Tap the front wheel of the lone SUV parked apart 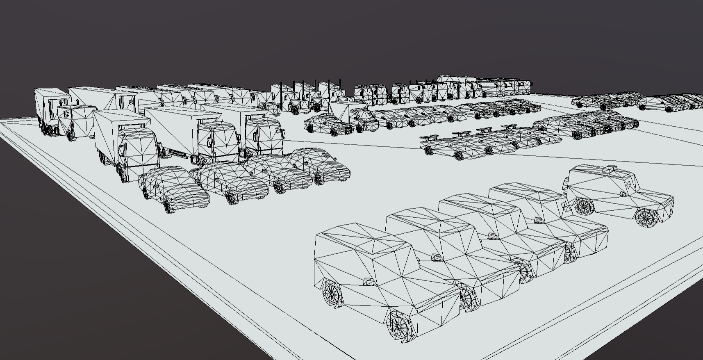[x=647, y=217]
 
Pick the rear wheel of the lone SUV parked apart [x=584, y=205]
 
